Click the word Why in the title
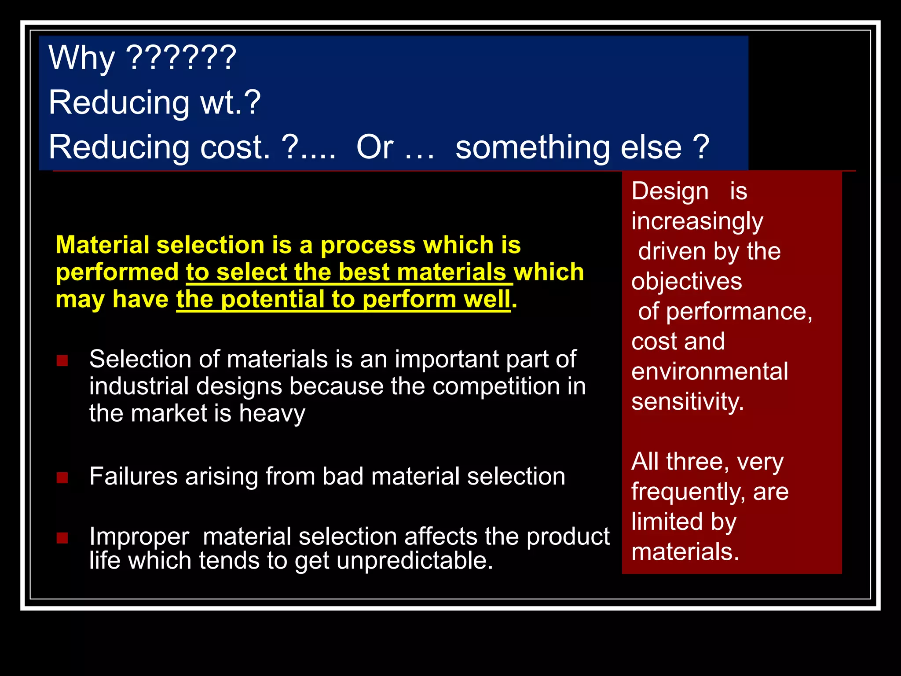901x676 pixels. (81, 59)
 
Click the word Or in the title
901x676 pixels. (374, 147)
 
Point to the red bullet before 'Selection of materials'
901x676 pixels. (62, 361)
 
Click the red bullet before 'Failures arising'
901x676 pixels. (62, 478)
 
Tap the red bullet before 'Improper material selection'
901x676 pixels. (62, 538)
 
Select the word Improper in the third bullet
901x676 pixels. (139, 537)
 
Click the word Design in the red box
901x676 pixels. (670, 191)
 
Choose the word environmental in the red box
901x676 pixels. (709, 371)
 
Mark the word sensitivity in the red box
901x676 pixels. (687, 402)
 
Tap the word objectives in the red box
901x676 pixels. (686, 282)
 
